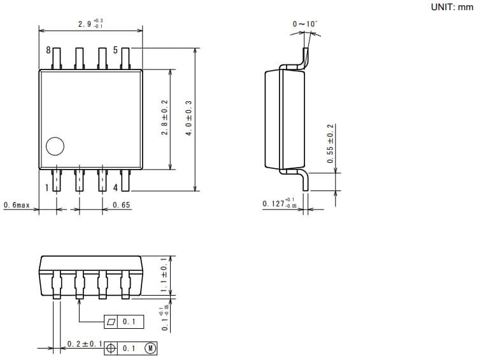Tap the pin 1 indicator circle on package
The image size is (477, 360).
coord(55,147)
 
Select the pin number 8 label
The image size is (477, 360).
coord(48,50)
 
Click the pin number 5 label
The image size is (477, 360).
coord(116,50)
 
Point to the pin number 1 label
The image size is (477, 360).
coord(47,188)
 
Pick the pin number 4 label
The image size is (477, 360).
coord(115,188)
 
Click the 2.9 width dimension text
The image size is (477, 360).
coord(90,24)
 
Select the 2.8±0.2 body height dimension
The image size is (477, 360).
coord(164,119)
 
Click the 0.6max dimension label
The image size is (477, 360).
coord(17,205)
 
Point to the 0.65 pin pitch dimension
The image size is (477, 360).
coord(122,205)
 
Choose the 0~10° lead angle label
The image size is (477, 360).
coord(304,24)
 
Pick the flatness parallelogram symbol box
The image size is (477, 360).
coord(112,322)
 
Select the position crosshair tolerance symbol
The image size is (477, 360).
coord(112,349)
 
